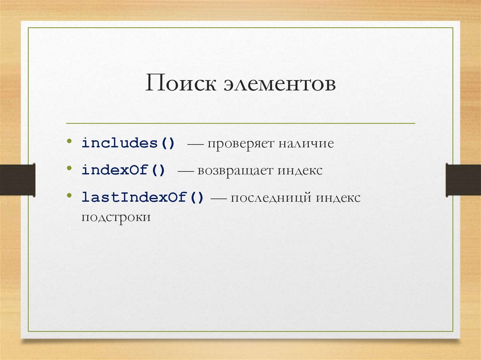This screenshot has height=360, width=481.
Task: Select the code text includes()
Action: (x=128, y=143)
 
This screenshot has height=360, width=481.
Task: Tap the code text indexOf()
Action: (x=123, y=170)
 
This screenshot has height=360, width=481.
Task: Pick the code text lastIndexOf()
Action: (x=143, y=197)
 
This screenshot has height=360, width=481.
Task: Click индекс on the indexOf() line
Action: (x=300, y=170)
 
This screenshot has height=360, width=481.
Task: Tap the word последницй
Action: (x=271, y=198)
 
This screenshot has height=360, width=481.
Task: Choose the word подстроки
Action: (x=116, y=218)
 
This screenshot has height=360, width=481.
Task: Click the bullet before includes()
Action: (x=70, y=141)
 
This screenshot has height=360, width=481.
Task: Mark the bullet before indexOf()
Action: (x=70, y=168)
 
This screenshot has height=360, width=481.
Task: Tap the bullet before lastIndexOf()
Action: (x=70, y=195)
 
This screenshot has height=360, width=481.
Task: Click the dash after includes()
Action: (x=193, y=144)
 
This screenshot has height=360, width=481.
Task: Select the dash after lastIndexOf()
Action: (x=218, y=198)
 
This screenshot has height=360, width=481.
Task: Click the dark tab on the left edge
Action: (x=17, y=179)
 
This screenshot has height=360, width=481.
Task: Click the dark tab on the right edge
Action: (x=463, y=179)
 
